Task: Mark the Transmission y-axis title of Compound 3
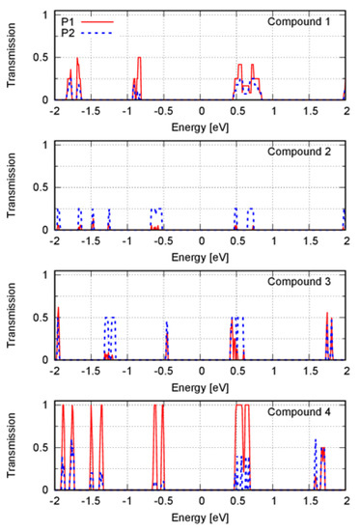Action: click(12, 318)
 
